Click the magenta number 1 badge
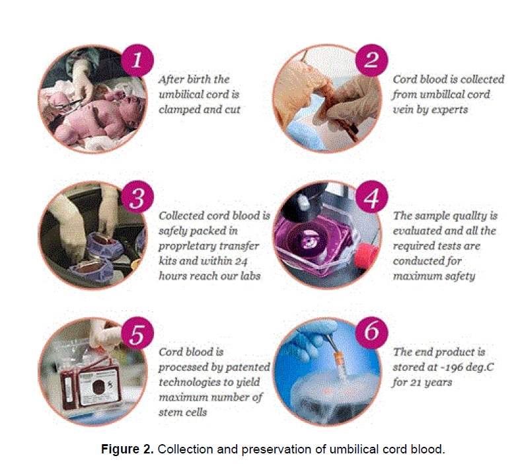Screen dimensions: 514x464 click(x=137, y=60)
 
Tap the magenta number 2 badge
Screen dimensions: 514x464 click(x=372, y=60)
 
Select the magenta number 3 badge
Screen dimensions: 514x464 click(x=137, y=197)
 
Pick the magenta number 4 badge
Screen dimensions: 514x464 click(x=372, y=197)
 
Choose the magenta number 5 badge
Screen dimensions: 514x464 click(x=137, y=333)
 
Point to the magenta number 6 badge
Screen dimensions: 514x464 click(x=372, y=333)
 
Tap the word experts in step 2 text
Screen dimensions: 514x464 click(x=450, y=110)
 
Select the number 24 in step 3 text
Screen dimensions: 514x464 click(x=241, y=261)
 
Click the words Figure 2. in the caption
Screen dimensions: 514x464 click(x=128, y=449)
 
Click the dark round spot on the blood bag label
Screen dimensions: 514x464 click(x=98, y=387)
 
